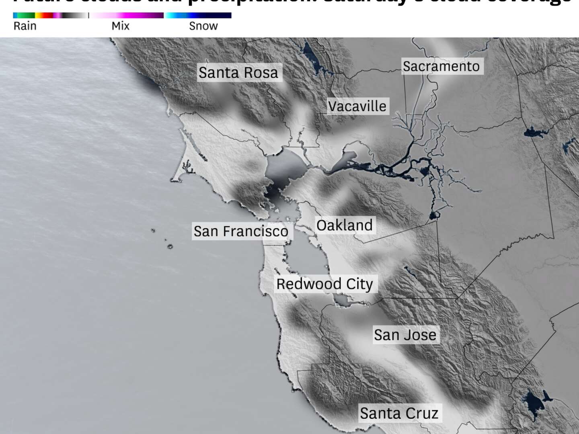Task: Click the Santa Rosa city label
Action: coord(238,73)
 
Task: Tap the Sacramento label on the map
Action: coord(441,66)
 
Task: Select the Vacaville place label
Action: coord(357,106)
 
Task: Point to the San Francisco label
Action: coord(241,231)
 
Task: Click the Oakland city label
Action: coord(344,225)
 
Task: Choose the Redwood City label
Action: coord(324,284)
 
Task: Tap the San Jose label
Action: coord(405,335)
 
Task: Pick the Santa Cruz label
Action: coord(399,413)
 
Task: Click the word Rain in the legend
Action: coord(25,26)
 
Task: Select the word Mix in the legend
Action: coord(120,26)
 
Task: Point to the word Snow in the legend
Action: coord(203,26)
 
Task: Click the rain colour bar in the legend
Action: coord(50,15)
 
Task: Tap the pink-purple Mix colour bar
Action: coord(127,15)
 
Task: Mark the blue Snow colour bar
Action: coord(198,15)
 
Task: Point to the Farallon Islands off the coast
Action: coord(169,246)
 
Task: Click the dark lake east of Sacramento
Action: coord(533,132)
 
